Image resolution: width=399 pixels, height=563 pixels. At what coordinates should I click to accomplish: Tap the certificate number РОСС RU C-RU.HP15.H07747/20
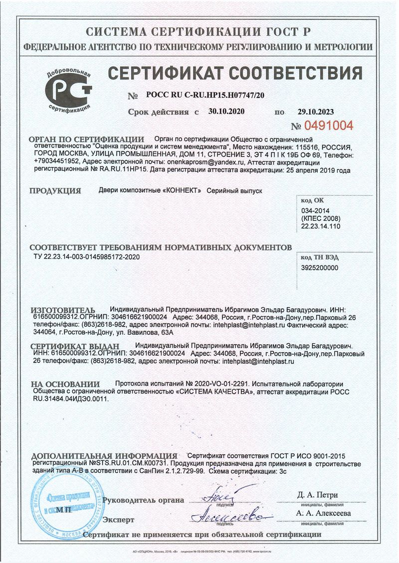[x=205, y=95]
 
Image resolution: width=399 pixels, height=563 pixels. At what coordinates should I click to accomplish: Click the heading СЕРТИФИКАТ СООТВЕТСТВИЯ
[x=235, y=74]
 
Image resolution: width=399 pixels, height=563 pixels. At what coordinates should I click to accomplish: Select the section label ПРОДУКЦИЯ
[x=55, y=191]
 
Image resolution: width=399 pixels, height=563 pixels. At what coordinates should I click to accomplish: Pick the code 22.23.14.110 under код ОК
[x=320, y=226]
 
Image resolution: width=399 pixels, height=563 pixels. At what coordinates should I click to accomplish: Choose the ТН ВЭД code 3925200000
[x=320, y=268]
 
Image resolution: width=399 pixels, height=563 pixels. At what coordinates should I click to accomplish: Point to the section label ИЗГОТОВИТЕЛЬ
[x=62, y=309]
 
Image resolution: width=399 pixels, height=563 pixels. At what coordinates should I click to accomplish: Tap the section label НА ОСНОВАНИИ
[x=65, y=384]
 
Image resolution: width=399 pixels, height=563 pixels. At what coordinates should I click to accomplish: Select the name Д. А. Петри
[x=317, y=495]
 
